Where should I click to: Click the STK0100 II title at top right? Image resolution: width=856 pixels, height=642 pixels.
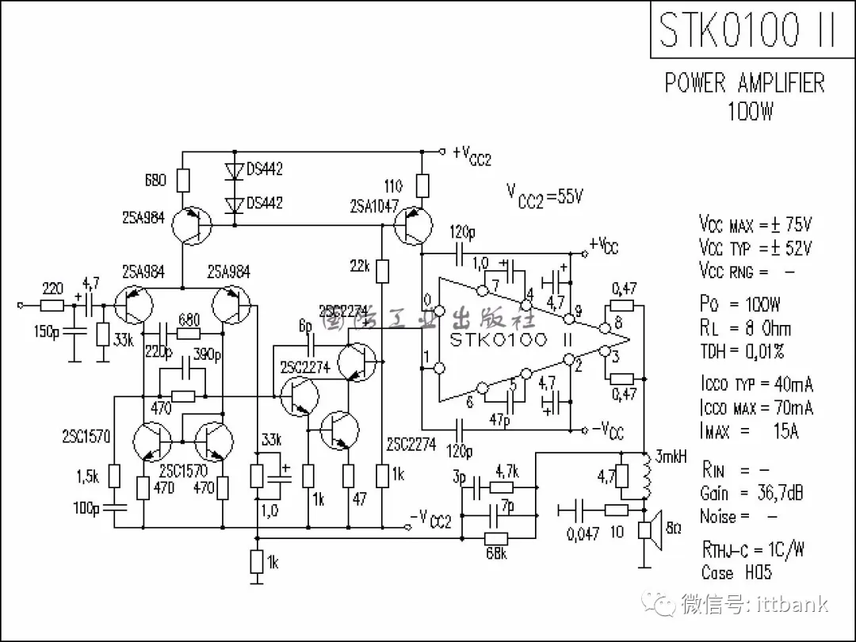click(747, 30)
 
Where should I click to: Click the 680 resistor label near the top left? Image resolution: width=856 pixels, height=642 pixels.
click(155, 180)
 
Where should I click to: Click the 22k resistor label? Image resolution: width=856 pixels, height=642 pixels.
click(359, 266)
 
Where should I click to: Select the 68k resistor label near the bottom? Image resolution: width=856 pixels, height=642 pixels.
click(496, 553)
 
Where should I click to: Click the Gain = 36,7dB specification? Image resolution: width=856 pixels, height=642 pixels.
click(751, 493)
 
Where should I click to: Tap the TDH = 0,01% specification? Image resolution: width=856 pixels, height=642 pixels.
click(742, 351)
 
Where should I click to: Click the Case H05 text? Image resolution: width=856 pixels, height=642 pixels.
click(736, 572)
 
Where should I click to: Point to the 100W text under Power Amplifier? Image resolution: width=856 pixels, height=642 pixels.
click(750, 111)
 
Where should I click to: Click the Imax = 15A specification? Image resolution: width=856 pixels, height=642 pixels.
click(750, 431)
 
